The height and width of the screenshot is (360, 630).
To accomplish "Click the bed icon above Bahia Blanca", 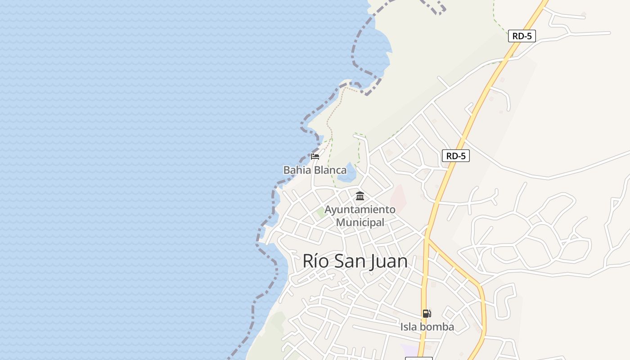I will [315, 157].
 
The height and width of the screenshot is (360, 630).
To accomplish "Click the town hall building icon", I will [360, 196].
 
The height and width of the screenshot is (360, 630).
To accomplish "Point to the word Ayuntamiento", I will [360, 210].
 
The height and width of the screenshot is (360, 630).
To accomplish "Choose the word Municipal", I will [360, 222].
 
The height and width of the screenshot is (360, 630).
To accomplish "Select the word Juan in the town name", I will [388, 261].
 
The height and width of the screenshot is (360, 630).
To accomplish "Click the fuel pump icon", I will [427, 314].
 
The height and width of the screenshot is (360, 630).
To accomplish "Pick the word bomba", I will [437, 327].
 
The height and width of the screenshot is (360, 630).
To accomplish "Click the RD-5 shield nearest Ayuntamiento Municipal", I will [455, 156].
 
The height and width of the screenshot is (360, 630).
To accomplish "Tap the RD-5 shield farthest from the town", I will [522, 36].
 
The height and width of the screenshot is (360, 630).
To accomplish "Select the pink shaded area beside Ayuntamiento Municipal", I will [398, 198].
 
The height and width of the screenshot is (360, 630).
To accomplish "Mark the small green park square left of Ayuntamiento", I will [321, 211].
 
